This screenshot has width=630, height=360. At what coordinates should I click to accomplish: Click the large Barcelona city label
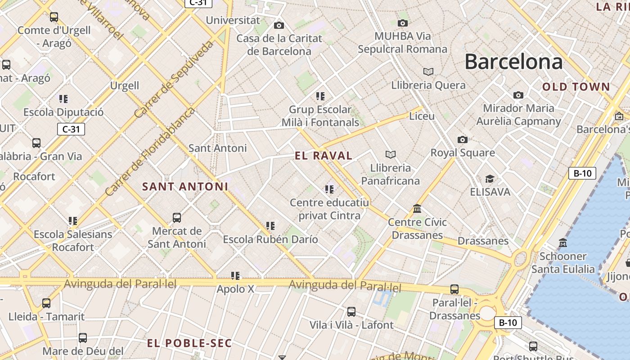513,62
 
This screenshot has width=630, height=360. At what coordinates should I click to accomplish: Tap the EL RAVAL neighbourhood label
323,156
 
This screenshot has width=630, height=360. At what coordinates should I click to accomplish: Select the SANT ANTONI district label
185,186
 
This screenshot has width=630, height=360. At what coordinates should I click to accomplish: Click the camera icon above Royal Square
462,139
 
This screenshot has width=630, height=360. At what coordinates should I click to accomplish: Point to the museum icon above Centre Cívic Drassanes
417,209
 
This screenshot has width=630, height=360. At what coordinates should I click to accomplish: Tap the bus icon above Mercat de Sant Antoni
177,218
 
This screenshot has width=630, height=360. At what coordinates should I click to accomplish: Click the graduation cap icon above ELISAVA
490,179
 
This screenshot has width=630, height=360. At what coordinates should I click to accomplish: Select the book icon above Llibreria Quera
428,72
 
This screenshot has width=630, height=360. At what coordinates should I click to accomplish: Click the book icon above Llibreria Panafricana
391,155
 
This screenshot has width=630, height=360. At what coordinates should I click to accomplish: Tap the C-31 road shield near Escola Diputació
71,130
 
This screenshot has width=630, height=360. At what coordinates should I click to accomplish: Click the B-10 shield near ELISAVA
582,173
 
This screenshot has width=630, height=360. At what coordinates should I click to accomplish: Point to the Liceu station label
422,116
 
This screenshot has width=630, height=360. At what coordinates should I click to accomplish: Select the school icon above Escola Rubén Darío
270,226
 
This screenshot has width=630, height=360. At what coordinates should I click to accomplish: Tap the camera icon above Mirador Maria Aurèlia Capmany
518,95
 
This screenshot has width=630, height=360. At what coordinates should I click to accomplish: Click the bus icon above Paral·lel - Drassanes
454,289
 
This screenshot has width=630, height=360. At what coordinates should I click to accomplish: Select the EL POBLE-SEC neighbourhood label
189,343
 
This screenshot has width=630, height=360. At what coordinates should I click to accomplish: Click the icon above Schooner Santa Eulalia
562,243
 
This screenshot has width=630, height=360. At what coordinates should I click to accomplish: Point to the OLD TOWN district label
576,87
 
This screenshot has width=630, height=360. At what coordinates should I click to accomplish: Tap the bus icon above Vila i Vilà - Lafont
351,311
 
